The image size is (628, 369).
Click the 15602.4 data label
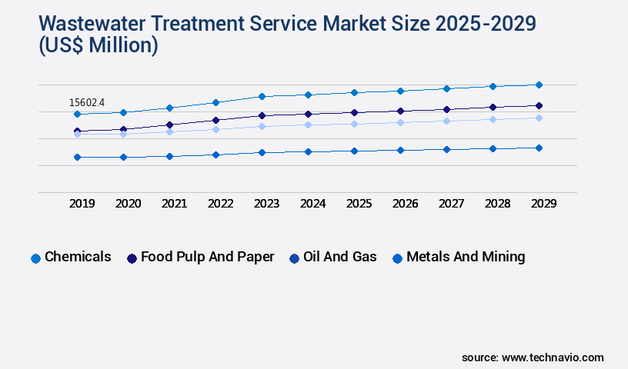87,102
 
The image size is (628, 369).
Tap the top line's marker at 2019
77,114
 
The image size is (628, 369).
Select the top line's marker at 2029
539,85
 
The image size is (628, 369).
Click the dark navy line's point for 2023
262,115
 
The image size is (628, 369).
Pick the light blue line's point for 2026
400,122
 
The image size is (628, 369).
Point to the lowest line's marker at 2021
169,156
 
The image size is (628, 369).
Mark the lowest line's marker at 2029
539,148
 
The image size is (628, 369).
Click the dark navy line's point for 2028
493,107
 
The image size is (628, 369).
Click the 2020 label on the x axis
128,204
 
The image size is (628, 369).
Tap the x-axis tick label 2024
312,204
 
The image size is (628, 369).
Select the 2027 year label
451,204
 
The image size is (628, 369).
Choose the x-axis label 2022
220,204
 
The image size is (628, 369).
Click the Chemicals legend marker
35,258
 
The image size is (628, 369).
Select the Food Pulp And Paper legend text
207,257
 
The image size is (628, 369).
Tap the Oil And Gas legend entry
339,257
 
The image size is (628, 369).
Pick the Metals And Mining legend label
466,257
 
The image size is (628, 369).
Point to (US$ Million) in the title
98,46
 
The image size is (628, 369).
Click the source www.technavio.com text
533,357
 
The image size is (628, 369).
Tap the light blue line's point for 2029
539,118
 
